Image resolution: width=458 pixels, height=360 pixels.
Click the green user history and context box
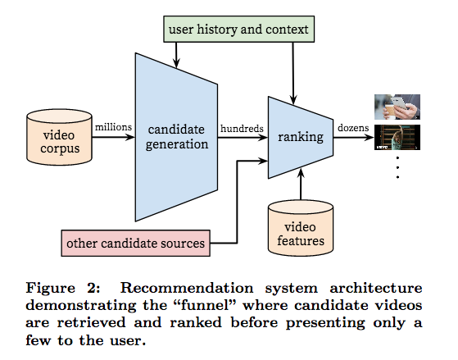click(238, 30)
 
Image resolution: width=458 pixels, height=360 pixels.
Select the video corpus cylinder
click(59, 137)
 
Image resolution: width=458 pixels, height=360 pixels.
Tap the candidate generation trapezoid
click(176, 137)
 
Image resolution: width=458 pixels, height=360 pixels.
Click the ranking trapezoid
click(301, 137)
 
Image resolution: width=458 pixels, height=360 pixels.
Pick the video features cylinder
click(301, 228)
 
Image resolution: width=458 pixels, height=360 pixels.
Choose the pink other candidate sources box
click(135, 244)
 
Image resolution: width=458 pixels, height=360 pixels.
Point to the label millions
click(113, 127)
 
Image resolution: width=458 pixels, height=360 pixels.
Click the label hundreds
click(242, 129)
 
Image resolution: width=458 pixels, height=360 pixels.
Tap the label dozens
click(353, 128)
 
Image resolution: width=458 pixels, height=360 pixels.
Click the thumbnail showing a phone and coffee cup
click(397, 107)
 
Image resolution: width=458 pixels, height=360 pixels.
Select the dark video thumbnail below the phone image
click(397, 138)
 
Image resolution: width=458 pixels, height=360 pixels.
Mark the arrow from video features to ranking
click(301, 185)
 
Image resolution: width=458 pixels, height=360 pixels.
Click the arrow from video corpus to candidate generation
click(113, 137)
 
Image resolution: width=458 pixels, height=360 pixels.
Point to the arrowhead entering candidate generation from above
click(176, 63)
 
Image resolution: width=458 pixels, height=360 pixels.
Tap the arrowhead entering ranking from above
click(293, 99)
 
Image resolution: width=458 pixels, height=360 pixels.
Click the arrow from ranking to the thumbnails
click(354, 137)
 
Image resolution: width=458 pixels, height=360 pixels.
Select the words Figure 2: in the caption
click(63, 288)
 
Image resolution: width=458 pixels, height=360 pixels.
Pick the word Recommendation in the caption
click(187, 288)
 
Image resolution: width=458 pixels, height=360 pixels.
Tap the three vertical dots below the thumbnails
click(397, 167)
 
